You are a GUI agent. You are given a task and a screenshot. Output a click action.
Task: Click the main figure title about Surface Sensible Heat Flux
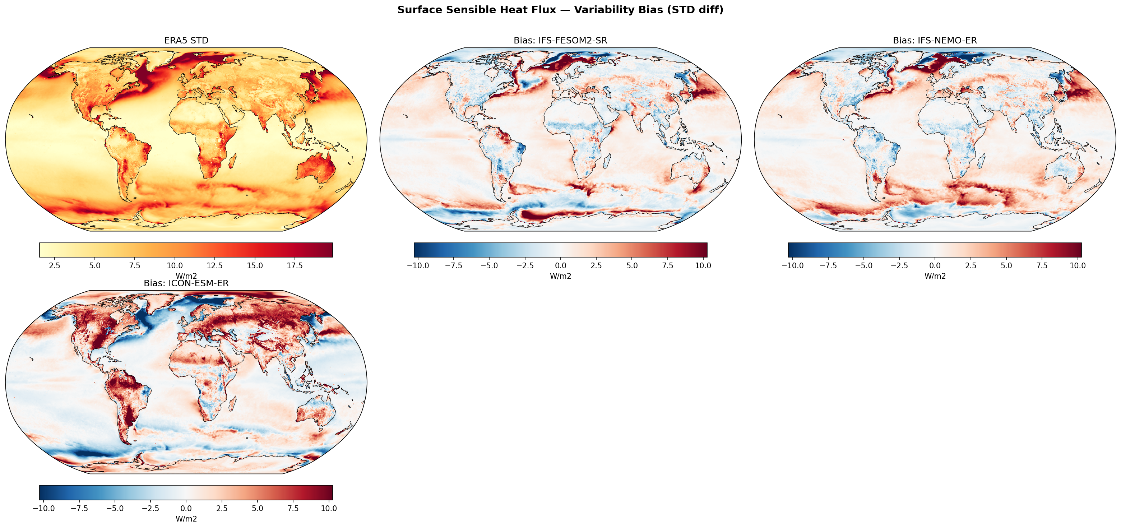(560, 10)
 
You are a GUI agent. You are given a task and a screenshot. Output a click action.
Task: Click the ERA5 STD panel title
(186, 41)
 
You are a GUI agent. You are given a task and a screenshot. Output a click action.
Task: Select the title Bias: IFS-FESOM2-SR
(560, 41)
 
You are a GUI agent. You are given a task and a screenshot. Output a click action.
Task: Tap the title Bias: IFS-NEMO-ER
(935, 41)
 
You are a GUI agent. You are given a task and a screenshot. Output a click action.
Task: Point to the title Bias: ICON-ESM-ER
(186, 283)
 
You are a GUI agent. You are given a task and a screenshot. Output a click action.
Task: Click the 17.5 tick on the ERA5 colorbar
(295, 265)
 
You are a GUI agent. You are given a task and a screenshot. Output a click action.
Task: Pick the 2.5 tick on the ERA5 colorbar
(54, 265)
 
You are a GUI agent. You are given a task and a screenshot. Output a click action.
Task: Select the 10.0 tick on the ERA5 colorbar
(175, 265)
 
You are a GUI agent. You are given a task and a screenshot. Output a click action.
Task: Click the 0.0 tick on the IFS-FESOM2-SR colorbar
(560, 265)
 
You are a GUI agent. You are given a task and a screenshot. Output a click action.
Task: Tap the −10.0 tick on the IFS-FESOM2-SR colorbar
(418, 265)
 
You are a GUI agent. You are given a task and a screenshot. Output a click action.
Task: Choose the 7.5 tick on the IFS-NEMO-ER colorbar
(1042, 265)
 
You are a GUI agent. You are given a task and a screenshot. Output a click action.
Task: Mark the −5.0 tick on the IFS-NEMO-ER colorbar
(863, 265)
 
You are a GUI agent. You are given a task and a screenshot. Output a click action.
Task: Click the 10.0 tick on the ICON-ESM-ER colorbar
(329, 508)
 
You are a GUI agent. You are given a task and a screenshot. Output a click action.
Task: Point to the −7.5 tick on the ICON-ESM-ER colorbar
(79, 508)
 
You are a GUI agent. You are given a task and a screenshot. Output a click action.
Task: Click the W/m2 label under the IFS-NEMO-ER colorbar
(935, 276)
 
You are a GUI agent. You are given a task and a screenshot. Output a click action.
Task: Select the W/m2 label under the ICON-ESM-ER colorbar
(186, 519)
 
